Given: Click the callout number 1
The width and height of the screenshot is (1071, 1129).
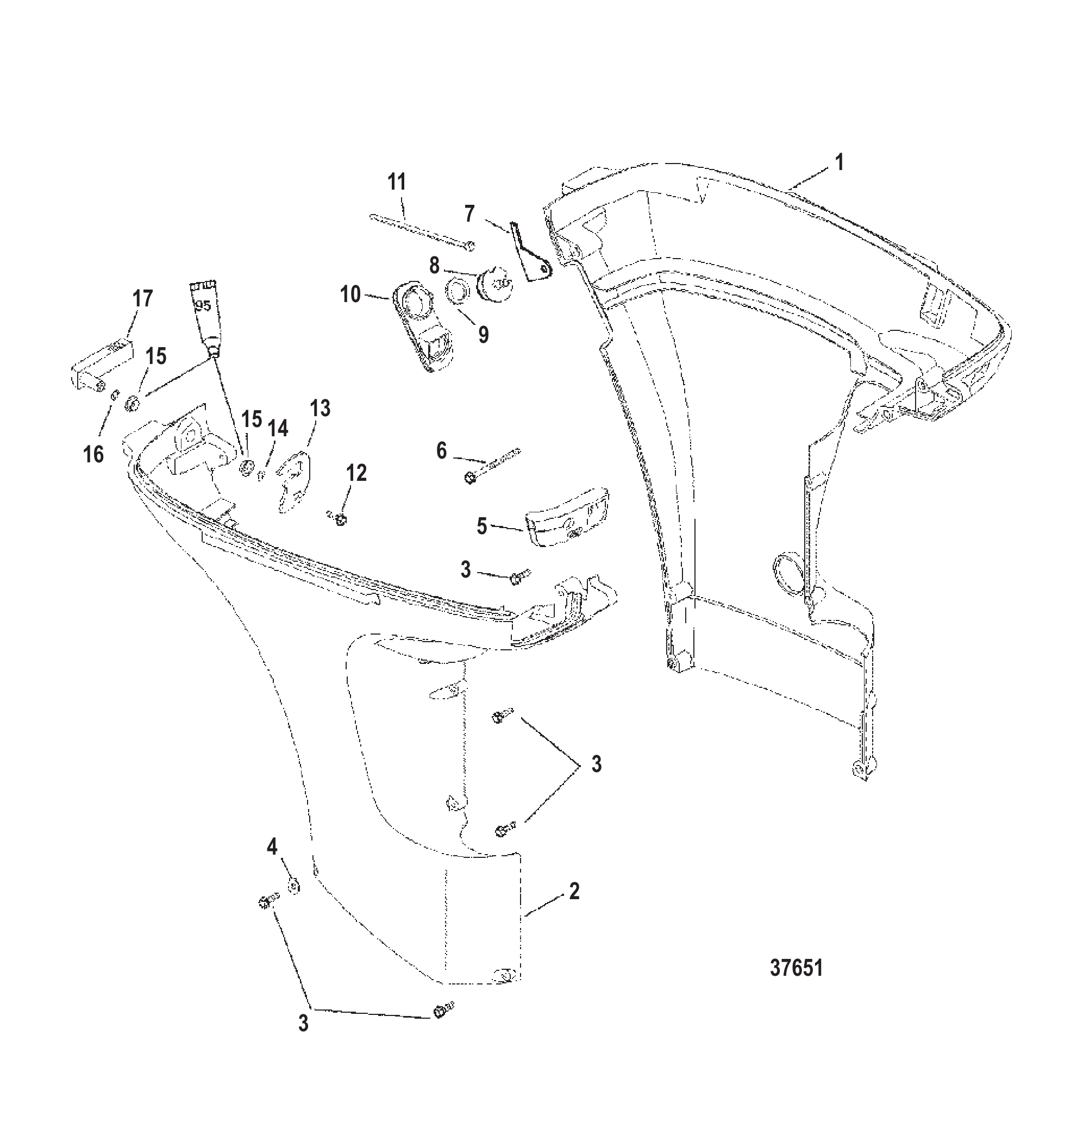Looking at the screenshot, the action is [x=838, y=162].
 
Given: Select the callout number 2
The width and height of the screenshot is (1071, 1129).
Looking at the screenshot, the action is [x=574, y=890].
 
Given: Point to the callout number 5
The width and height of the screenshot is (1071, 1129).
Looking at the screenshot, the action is [x=483, y=526].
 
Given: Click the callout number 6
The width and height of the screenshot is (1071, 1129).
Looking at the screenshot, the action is [x=442, y=451].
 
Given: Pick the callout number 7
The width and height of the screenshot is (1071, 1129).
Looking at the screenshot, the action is [x=469, y=214].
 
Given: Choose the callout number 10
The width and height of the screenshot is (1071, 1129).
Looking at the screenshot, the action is [x=350, y=294].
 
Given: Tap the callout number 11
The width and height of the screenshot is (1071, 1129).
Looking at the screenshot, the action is [x=397, y=182].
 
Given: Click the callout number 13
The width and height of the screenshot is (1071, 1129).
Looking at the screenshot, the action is [x=320, y=409].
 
